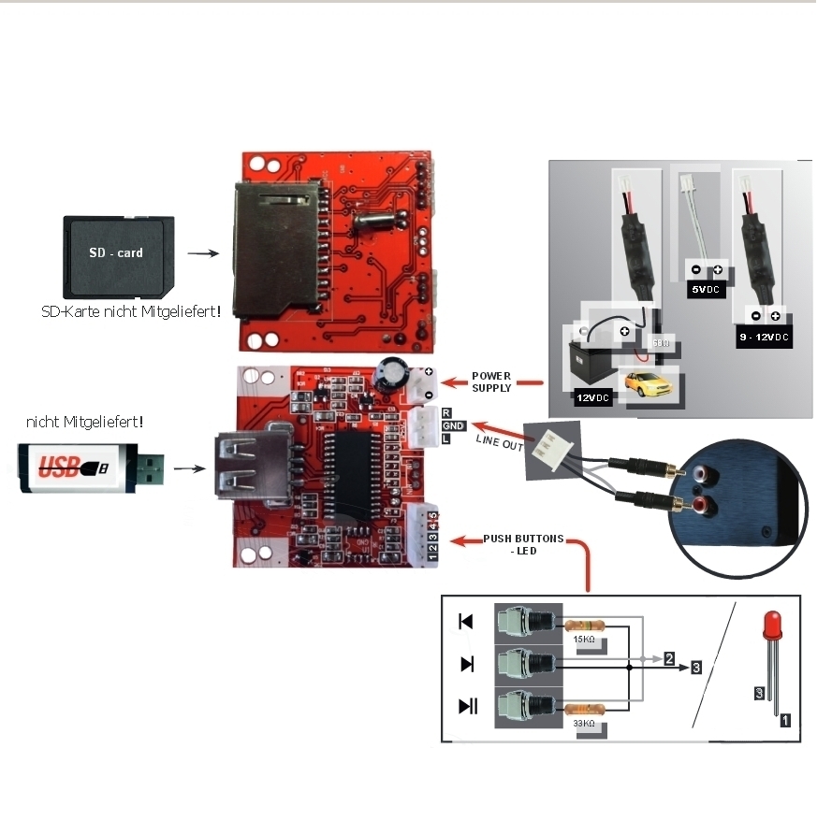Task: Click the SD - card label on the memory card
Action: (x=117, y=252)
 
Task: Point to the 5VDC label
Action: (x=706, y=290)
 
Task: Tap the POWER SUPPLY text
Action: (x=490, y=381)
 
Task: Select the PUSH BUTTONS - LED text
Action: (x=523, y=544)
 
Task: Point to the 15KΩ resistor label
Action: (x=583, y=640)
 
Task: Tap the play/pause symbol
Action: (x=468, y=706)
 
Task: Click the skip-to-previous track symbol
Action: (x=466, y=622)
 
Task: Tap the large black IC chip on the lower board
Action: (x=358, y=474)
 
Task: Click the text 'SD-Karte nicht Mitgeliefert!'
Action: (x=132, y=310)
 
